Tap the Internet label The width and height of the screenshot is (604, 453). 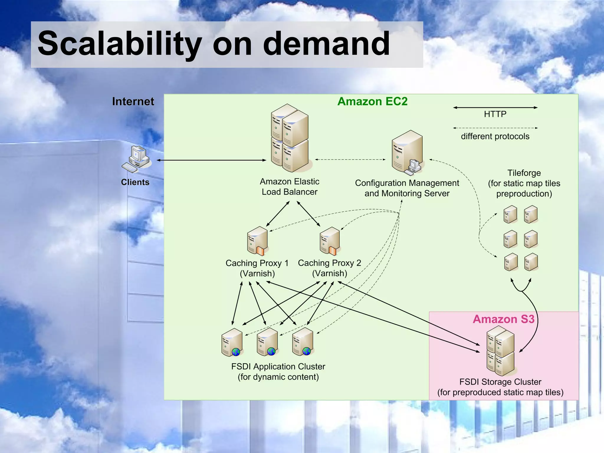click(133, 101)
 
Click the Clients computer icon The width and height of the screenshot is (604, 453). click(137, 159)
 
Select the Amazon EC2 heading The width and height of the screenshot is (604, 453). click(372, 101)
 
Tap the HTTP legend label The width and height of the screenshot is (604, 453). click(495, 114)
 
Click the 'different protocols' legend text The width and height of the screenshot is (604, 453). click(495, 137)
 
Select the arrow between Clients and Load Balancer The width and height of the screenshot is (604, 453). click(211, 160)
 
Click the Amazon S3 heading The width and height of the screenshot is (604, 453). click(503, 319)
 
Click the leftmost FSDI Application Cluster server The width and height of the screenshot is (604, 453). click(232, 342)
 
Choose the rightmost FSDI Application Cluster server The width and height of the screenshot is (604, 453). click(303, 342)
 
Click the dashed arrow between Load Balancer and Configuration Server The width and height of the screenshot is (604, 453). click(350, 160)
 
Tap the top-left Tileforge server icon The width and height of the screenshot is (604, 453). click(510, 214)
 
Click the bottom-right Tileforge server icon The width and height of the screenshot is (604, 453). click(531, 262)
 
